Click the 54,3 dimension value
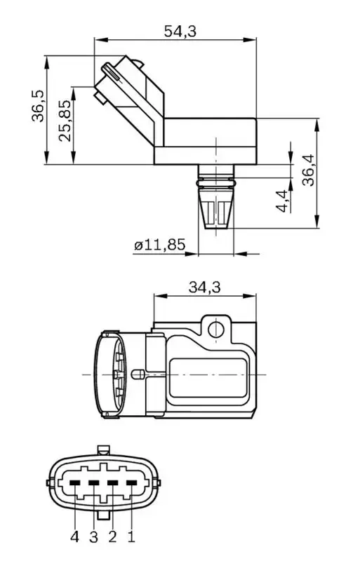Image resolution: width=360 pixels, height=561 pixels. click(x=180, y=30)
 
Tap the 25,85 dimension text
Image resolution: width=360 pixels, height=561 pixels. click(x=65, y=121)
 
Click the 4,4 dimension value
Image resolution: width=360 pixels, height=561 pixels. click(x=282, y=201)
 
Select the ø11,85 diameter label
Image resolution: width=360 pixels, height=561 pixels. click(x=159, y=245)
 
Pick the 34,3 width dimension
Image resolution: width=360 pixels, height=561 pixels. click(x=205, y=287)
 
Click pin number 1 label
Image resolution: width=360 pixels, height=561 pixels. click(x=131, y=538)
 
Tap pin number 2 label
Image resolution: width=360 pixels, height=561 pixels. click(x=112, y=538)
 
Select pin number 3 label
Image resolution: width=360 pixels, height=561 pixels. click(x=93, y=538)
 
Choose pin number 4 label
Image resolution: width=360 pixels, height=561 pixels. click(x=74, y=538)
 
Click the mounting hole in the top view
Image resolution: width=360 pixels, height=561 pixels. click(x=215, y=328)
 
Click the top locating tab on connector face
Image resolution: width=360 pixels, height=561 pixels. click(x=103, y=450)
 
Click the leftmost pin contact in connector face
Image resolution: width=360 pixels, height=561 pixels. click(x=74, y=482)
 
